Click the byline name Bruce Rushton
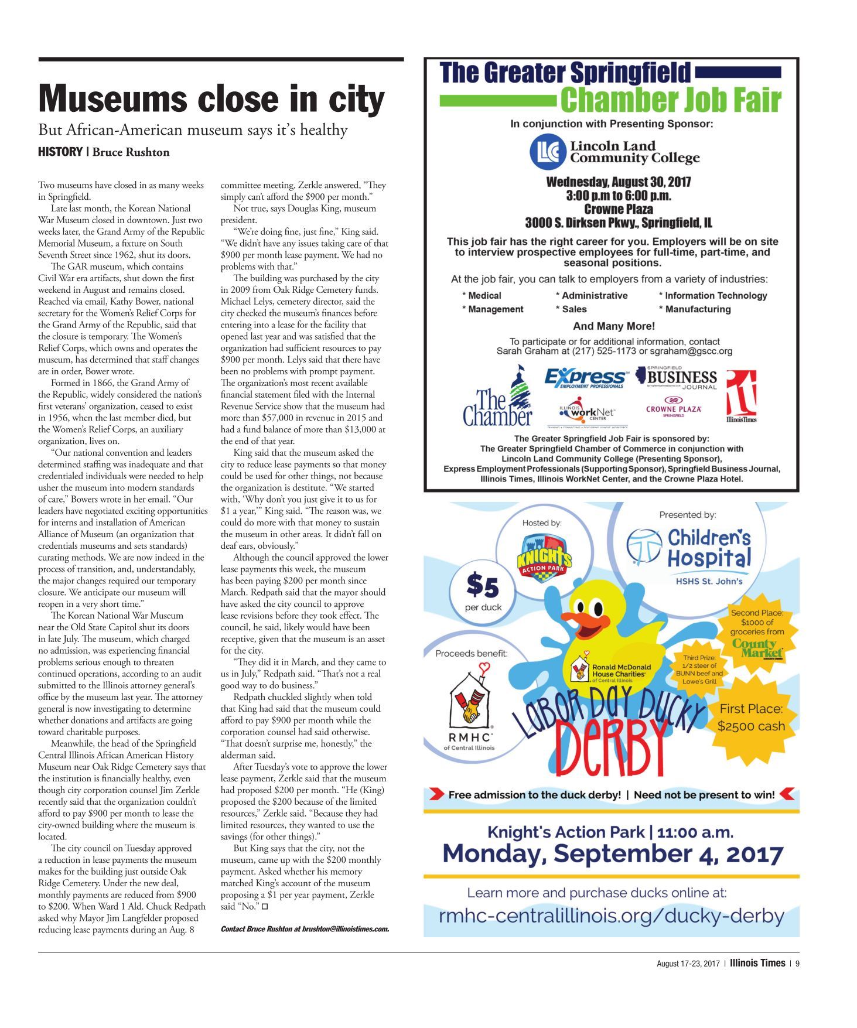[x=131, y=152]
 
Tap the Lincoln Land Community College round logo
[x=548, y=152]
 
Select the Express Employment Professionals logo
[x=585, y=378]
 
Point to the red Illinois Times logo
[x=741, y=395]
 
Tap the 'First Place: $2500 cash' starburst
[x=751, y=718]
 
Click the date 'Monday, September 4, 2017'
[x=612, y=854]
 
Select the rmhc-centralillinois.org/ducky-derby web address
[x=611, y=916]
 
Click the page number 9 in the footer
[x=797, y=963]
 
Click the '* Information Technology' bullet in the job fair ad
[x=712, y=296]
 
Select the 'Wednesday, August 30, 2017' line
[x=618, y=182]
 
